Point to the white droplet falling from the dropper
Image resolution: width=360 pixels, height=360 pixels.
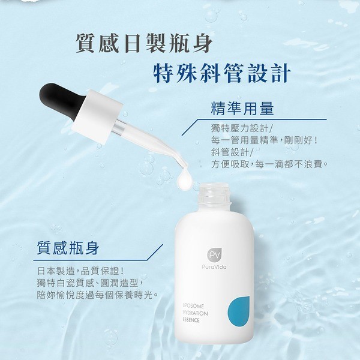click(184, 179)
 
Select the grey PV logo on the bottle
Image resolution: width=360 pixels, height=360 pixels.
click(214, 255)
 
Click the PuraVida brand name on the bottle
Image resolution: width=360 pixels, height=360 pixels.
click(214, 267)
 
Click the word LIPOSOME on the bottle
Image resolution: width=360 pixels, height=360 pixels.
click(193, 306)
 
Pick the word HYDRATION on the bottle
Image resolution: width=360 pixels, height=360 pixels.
click(195, 313)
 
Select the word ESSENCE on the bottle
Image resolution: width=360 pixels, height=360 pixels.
click(191, 320)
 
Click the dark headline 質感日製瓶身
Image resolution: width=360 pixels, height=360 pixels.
click(144, 43)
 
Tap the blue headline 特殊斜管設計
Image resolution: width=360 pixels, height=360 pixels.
click(222, 73)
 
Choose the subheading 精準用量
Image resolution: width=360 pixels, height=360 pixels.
click(242, 109)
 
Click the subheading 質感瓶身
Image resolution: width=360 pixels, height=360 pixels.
click(68, 248)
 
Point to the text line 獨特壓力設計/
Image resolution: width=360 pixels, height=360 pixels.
click(241, 128)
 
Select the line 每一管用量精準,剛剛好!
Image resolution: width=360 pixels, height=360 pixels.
click(264, 140)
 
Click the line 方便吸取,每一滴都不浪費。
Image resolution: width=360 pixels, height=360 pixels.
click(269, 164)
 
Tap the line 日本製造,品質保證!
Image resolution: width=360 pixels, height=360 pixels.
click(80, 271)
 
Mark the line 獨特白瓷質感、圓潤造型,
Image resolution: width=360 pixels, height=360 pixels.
click(90, 283)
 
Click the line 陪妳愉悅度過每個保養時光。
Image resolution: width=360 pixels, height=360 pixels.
click(98, 295)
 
